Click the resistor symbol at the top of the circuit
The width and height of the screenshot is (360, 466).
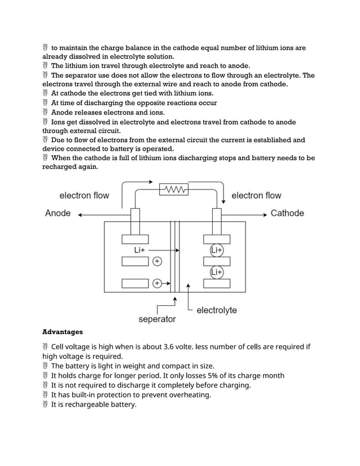pos(174,189)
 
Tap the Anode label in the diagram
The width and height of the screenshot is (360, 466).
pos(58,213)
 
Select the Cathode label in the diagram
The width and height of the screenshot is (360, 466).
pos(287,213)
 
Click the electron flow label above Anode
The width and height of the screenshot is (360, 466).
pos(84,196)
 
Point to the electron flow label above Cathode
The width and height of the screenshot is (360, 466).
pos(256,196)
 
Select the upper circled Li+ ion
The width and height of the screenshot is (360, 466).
pos(217,250)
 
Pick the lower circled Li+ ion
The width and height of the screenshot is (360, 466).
pos(217,272)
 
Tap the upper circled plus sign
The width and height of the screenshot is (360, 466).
pos(157,261)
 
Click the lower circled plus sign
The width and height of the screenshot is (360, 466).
pos(157,283)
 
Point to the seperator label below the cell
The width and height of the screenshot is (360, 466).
pos(157,319)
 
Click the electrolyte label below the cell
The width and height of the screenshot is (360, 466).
pos(217,310)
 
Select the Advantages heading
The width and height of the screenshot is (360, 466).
pos(63,332)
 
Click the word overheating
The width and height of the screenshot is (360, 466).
pos(189,395)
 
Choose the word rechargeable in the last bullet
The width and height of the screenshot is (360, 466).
pos(85,405)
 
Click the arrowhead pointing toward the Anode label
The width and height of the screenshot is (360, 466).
pos(80,214)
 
